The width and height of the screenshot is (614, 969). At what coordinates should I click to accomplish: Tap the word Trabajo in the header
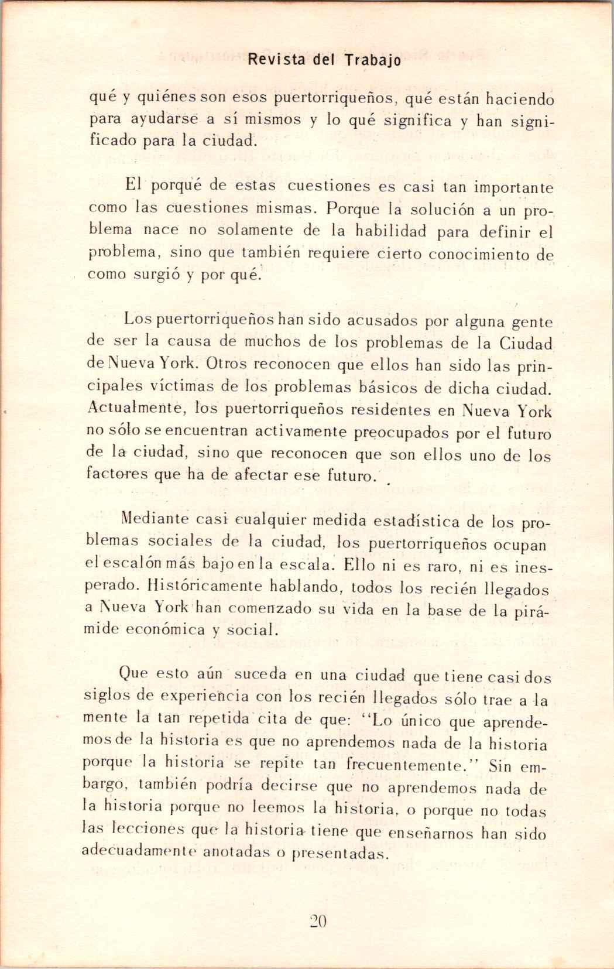373,61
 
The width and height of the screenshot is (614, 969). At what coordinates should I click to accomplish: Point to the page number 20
317,921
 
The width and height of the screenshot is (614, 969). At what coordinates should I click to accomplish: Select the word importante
513,189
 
